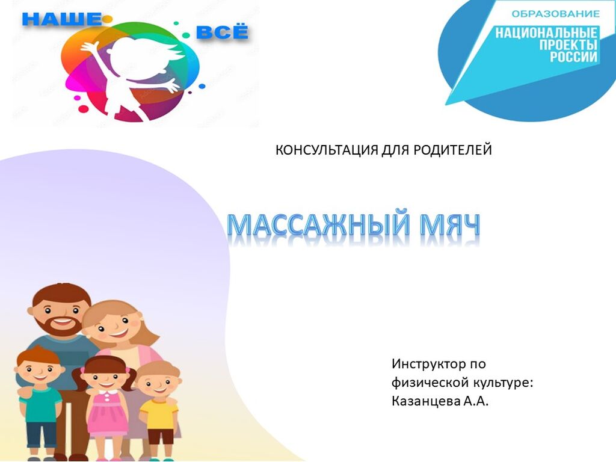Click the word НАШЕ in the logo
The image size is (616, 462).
tap(61, 19)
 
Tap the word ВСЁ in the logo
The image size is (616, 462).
tap(222, 32)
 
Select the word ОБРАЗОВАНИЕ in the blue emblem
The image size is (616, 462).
tap(555, 14)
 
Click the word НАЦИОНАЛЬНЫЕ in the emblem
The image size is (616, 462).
tap(546, 32)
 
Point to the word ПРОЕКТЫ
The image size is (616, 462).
tap(568, 45)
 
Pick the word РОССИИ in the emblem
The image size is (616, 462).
tap(573, 57)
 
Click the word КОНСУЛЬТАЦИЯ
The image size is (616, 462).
tap(327, 150)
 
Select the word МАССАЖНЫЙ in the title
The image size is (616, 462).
tap(320, 225)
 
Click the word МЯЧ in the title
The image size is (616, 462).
tap(450, 225)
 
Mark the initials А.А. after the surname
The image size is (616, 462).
tap(476, 401)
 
